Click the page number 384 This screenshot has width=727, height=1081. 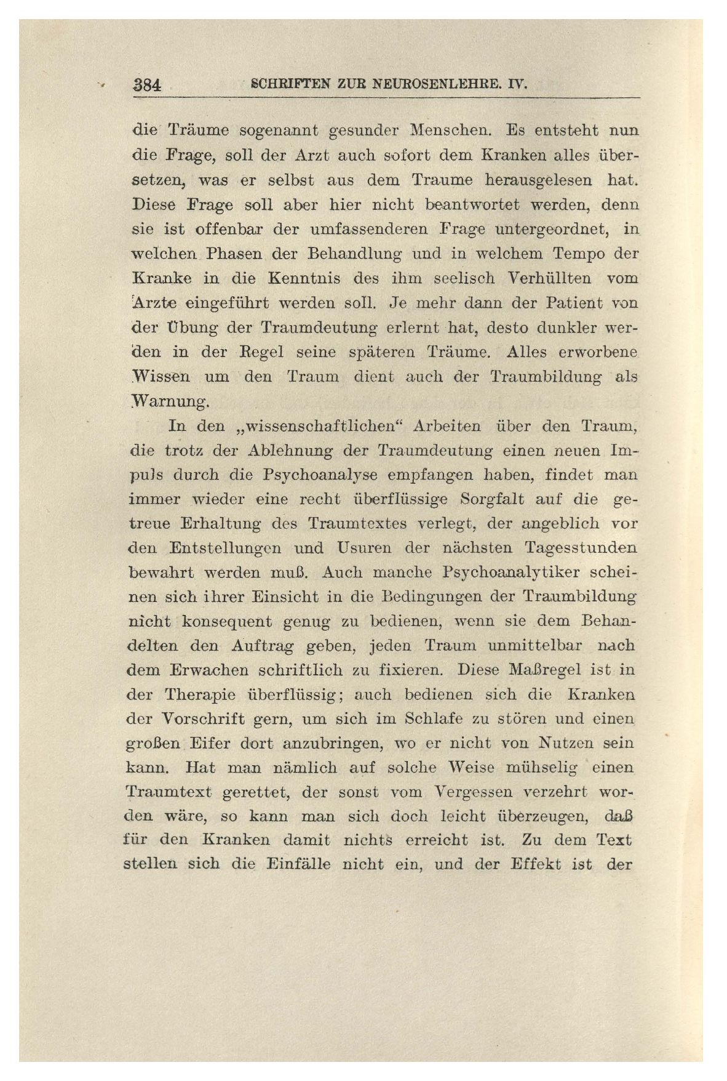pyautogui.click(x=147, y=86)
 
